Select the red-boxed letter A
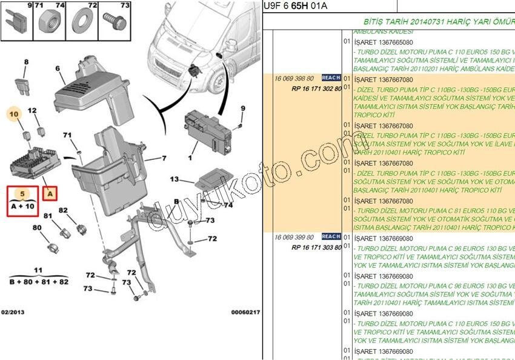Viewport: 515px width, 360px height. coord(50,194)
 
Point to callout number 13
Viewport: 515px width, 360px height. coord(174,179)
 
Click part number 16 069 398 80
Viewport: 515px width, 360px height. coord(294,79)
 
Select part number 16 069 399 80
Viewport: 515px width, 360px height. coord(294,237)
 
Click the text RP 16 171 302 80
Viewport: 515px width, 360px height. coord(316,88)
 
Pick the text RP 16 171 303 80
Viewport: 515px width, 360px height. coord(316,247)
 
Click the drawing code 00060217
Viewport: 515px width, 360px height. coord(245,312)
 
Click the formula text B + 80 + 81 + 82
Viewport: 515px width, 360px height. coord(39,282)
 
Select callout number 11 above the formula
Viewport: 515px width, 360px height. coord(38,270)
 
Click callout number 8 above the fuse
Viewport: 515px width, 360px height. coord(26,62)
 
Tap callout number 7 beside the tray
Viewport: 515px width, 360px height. coord(163,159)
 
